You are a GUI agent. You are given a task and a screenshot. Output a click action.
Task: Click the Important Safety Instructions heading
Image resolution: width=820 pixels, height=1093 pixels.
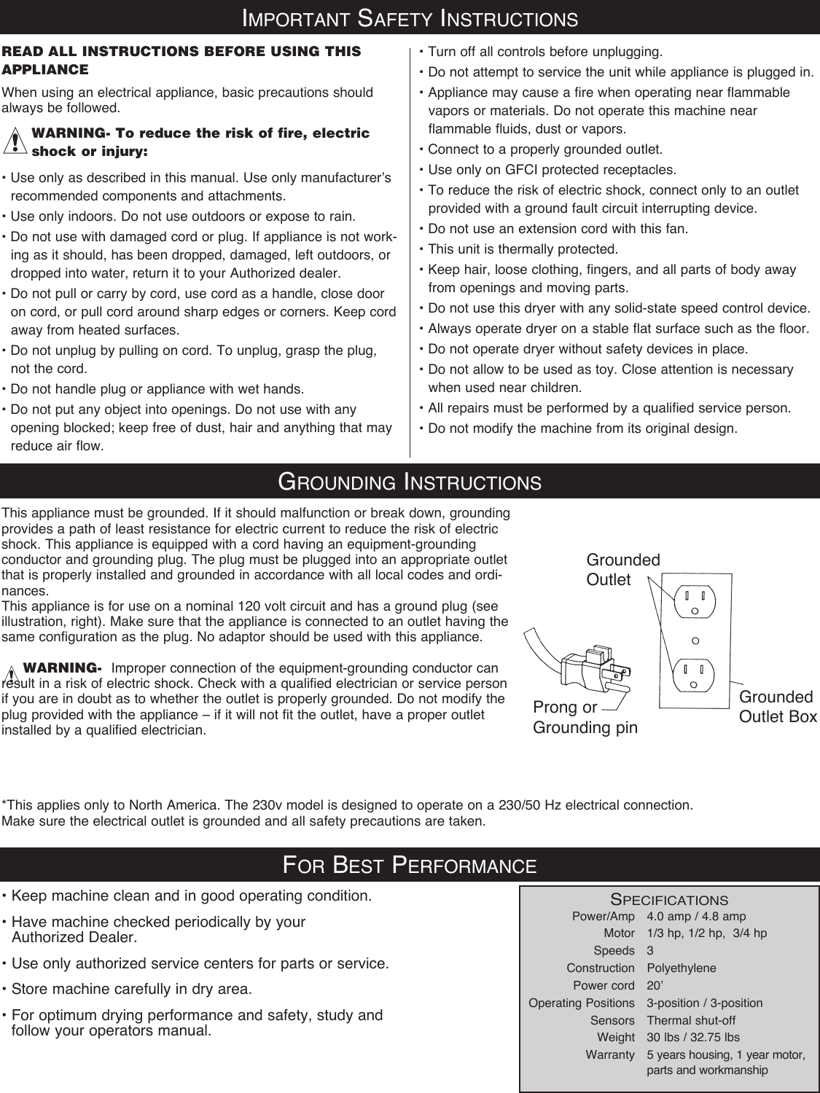(x=410, y=17)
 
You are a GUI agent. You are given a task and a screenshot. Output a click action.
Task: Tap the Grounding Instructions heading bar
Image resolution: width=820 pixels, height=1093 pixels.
(x=410, y=482)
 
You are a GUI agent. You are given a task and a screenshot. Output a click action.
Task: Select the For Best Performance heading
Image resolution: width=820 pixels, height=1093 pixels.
(x=410, y=865)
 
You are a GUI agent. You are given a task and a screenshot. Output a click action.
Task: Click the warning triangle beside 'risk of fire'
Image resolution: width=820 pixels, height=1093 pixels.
(x=14, y=141)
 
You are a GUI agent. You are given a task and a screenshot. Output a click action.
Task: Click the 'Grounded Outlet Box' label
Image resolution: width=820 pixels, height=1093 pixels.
(x=778, y=707)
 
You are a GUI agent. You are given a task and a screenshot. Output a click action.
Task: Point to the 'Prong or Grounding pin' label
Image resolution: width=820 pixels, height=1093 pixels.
(x=585, y=718)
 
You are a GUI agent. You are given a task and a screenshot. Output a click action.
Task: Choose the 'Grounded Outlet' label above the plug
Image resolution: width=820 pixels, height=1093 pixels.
(x=623, y=570)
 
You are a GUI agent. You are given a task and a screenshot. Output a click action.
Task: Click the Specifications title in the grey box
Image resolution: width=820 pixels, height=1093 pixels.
(x=668, y=901)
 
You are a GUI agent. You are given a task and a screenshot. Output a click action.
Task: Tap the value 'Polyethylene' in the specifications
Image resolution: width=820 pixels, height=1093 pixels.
(x=682, y=968)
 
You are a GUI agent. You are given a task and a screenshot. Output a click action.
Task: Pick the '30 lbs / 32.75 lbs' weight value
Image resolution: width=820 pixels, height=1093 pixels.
(x=692, y=1037)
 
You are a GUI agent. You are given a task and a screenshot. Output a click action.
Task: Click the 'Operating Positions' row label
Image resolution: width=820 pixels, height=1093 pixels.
(x=581, y=1003)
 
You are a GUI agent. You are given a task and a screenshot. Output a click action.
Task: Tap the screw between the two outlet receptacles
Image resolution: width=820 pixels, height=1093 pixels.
(x=695, y=640)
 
